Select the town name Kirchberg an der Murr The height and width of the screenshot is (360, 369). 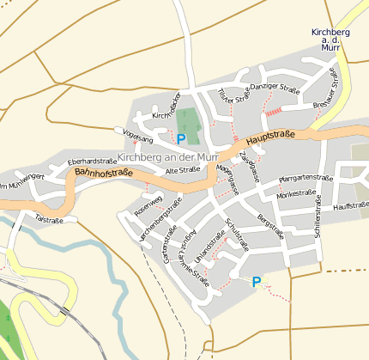pos(167,157)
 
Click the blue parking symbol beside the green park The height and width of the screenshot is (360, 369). pos(181,137)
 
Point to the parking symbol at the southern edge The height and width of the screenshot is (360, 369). pos(256,281)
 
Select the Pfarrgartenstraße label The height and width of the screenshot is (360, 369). pos(305,179)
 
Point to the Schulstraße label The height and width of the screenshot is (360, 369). pos(236,234)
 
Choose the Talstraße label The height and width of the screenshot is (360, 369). pos(50,218)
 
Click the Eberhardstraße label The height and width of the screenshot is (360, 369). pos(92,161)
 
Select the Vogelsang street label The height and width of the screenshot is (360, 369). pos(138,137)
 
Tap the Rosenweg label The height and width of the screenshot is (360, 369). pos(149,206)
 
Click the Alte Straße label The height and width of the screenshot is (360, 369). pos(182,170)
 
